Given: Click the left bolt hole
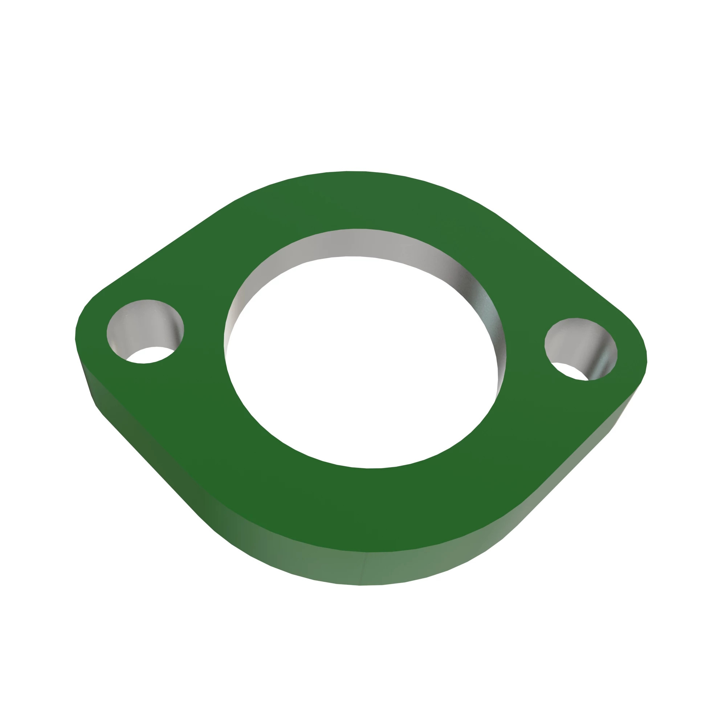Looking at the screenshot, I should tap(145, 331).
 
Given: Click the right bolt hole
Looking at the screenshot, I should tap(580, 349).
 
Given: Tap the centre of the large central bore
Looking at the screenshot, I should tap(363, 361).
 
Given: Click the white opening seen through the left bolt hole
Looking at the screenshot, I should tap(148, 355).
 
